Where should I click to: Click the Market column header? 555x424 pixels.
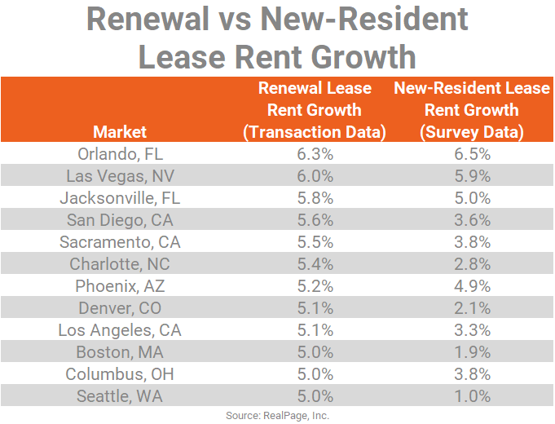(x=120, y=131)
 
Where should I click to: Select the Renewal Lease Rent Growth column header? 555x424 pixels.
(x=315, y=109)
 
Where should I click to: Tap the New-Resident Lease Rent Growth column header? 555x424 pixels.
(x=472, y=109)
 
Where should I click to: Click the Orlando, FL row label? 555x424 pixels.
(x=120, y=153)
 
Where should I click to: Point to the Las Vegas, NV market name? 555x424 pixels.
(x=120, y=175)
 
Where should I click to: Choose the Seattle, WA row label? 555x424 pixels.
(x=120, y=396)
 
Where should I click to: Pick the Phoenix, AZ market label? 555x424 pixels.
(x=120, y=286)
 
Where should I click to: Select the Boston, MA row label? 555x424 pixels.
(x=120, y=352)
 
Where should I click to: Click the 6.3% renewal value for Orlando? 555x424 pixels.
(x=315, y=153)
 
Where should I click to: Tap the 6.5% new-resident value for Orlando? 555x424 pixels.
(x=472, y=153)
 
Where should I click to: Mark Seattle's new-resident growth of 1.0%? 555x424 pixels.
(x=472, y=396)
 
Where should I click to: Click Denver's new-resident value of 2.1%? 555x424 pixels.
(x=472, y=308)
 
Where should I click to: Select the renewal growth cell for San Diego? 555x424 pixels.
(x=315, y=219)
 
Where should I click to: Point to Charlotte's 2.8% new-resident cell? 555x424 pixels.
(x=472, y=264)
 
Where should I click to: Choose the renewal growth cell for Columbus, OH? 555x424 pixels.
(x=315, y=374)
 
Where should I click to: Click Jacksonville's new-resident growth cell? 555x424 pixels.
(x=472, y=197)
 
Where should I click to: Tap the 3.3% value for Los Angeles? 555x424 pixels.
(x=472, y=330)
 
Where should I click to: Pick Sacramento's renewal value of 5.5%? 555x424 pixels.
(x=315, y=241)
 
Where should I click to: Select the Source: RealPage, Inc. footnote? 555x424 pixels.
(x=277, y=415)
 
